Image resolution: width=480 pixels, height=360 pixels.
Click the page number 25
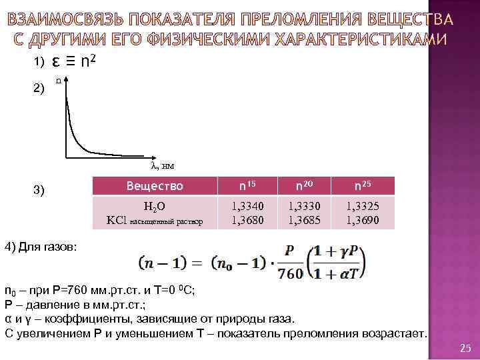click(x=465, y=348)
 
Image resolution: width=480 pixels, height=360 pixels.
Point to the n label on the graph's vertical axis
click(x=59, y=81)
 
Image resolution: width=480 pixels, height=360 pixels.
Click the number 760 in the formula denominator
click(x=290, y=273)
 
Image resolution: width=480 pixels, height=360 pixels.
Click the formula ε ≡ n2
click(x=77, y=61)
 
